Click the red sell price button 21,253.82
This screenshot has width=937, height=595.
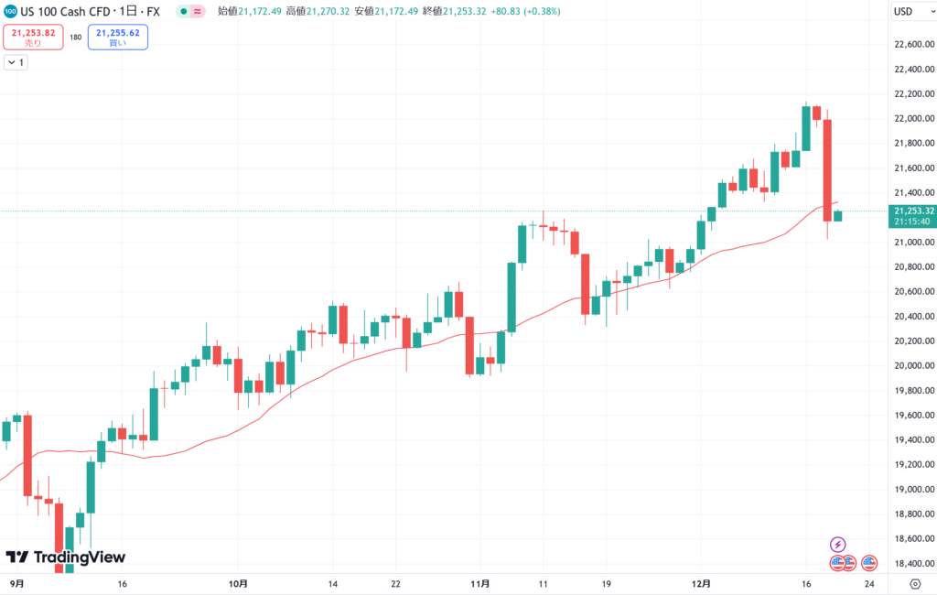click(33, 37)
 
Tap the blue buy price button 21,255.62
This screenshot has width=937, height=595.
click(117, 37)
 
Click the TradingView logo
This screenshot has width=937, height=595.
click(66, 557)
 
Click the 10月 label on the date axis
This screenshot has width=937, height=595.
click(238, 583)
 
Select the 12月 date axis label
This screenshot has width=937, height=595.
click(702, 583)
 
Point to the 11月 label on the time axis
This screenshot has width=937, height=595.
click(479, 583)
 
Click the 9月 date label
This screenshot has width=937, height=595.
click(17, 583)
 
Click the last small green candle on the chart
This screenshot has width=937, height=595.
click(838, 215)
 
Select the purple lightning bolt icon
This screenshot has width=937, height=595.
click(837, 545)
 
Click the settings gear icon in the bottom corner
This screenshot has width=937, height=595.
click(915, 583)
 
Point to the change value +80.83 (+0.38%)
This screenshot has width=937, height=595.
click(528, 12)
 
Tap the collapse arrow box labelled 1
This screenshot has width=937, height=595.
click(16, 62)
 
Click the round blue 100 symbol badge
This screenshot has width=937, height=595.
click(9, 12)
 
